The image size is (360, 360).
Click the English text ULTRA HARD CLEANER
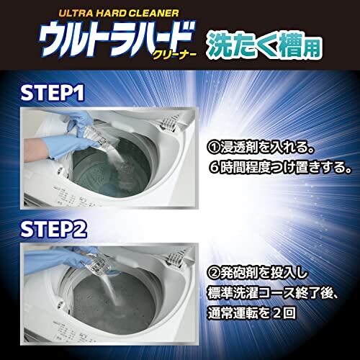click(119, 14)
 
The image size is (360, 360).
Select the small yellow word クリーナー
click(174, 56)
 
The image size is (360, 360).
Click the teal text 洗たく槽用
click(264, 45)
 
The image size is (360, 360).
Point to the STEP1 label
click(53, 93)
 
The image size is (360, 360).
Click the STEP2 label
click(53, 229)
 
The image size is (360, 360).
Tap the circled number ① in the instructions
click(214, 148)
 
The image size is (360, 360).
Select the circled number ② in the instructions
click(214, 274)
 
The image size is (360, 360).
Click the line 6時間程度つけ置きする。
click(280, 167)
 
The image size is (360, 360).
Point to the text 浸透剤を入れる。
click(268, 148)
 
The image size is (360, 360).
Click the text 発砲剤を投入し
click(264, 273)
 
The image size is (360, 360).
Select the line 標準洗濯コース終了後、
click(273, 293)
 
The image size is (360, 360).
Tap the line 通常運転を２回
click(251, 313)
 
